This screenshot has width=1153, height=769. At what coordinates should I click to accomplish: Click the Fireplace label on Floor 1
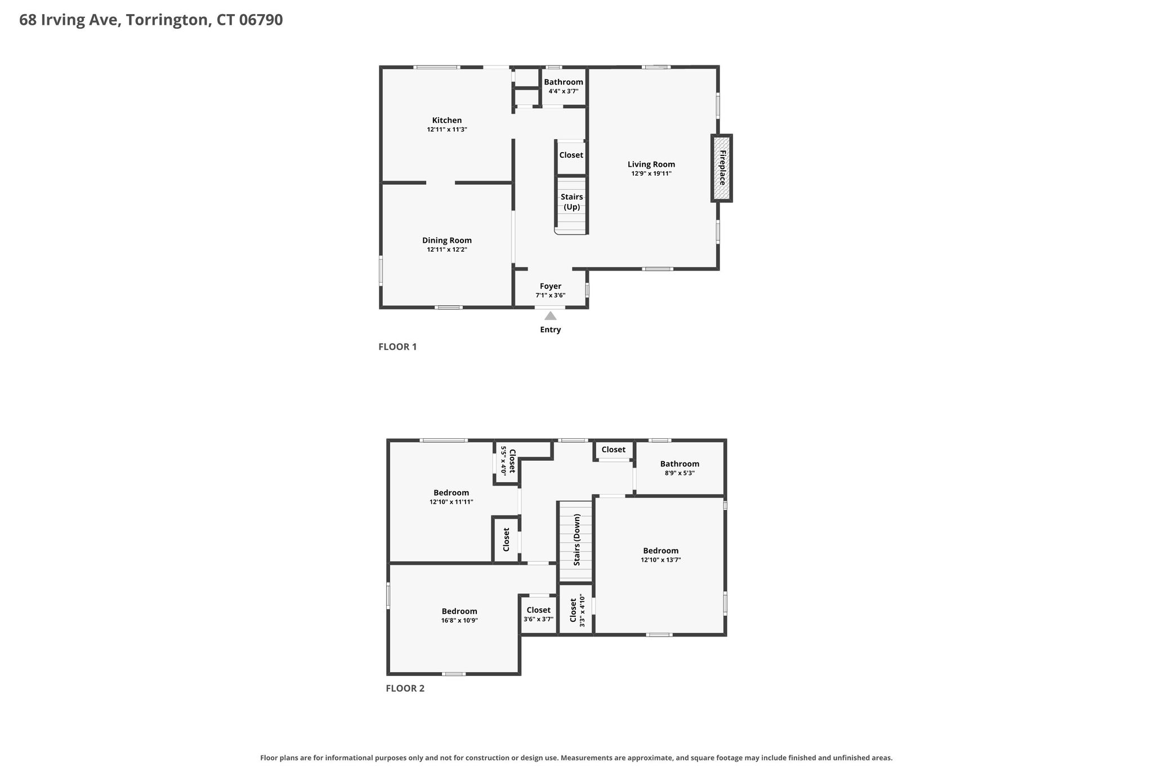coord(722,167)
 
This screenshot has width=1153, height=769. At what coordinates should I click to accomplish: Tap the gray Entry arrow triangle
coord(551,316)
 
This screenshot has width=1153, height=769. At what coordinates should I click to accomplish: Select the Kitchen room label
coord(447,120)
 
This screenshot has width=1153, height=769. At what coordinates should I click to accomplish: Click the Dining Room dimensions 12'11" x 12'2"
coord(447,250)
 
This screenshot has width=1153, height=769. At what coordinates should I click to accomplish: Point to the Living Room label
coord(651,165)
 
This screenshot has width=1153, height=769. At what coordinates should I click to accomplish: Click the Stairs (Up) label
coord(572,202)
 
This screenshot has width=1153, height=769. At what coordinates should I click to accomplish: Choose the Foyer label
coord(551,286)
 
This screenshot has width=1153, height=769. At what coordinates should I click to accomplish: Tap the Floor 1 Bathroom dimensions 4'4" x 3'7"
coord(564,91)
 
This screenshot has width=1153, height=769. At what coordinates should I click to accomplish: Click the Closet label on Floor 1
coord(571,155)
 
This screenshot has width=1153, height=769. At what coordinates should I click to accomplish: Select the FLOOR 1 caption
coord(397,347)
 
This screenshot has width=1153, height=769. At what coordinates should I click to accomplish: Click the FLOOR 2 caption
coord(405,688)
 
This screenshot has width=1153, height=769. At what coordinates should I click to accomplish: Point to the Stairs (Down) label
coord(576,540)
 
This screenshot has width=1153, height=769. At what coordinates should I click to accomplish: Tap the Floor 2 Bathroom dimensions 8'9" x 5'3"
coord(680,473)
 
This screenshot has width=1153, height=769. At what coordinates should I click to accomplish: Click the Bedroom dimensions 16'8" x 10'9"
coord(459,620)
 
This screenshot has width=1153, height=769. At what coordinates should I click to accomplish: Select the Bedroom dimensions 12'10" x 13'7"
coord(661,560)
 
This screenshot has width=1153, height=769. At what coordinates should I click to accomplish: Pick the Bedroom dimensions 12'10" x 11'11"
coord(452,502)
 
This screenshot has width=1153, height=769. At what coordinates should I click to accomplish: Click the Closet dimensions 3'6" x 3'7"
coord(539,619)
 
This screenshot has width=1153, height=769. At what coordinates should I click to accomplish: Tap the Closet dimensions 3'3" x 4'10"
coord(582,611)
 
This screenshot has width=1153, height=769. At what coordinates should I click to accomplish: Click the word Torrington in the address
coord(167,20)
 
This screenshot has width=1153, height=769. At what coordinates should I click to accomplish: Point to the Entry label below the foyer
coord(551,330)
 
